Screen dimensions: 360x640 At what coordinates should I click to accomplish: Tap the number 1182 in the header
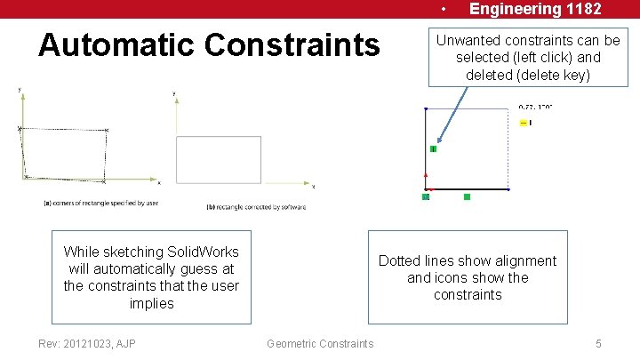[x=579, y=9]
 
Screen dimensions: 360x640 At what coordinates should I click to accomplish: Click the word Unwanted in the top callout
[x=468, y=40]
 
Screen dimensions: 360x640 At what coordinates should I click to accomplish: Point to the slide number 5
[x=599, y=344]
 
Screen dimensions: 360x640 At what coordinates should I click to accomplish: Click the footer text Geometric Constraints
[x=320, y=344]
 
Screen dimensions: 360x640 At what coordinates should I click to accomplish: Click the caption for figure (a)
[x=100, y=203]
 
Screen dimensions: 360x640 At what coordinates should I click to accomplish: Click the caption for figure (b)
[x=256, y=207]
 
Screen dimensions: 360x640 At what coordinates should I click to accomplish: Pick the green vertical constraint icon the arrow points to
[x=433, y=148]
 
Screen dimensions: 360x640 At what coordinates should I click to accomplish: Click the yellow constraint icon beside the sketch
[x=524, y=123]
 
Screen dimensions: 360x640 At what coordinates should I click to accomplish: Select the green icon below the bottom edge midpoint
[x=467, y=196]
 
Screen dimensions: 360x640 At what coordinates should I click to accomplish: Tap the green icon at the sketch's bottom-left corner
[x=426, y=196]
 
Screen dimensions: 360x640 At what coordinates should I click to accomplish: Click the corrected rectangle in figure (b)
[x=219, y=160]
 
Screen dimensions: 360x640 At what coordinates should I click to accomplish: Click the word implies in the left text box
[x=151, y=303]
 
